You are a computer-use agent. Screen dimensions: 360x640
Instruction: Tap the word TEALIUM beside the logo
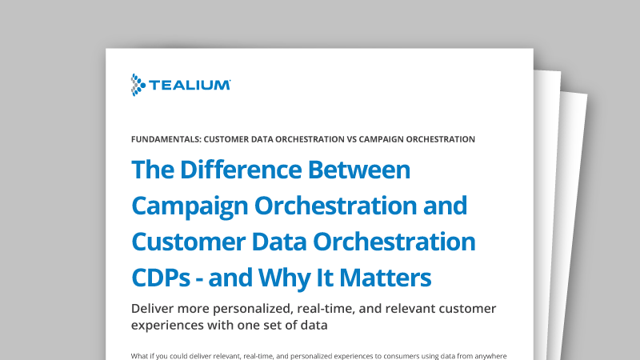(x=191, y=84)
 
